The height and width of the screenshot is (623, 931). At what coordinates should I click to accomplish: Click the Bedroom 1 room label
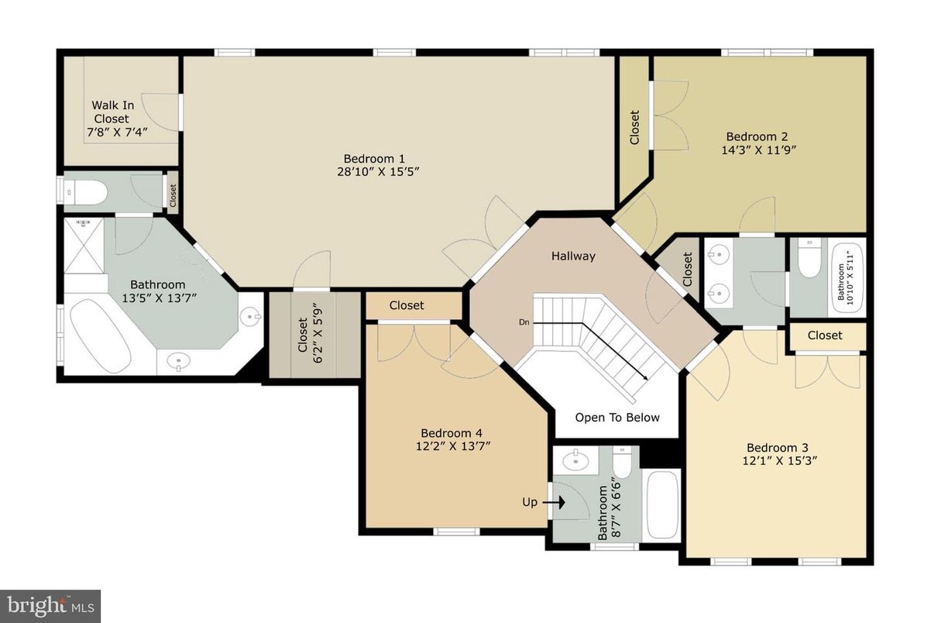pyautogui.click(x=374, y=158)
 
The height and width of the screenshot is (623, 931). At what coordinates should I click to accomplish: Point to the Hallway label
pyautogui.click(x=573, y=256)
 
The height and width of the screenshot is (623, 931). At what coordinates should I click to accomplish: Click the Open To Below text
pyautogui.click(x=617, y=418)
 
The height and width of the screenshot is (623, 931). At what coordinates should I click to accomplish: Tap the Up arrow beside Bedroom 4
pyautogui.click(x=555, y=502)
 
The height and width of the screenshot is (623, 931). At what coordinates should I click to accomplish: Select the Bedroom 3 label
pyautogui.click(x=777, y=448)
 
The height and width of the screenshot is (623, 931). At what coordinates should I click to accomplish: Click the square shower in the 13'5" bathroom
pyautogui.click(x=84, y=245)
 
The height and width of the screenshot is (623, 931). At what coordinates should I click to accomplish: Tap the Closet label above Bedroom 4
pyautogui.click(x=407, y=305)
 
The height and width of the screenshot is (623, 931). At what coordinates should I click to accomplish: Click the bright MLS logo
pyautogui.click(x=50, y=603)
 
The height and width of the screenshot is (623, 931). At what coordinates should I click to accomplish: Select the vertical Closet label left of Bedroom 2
pyautogui.click(x=634, y=128)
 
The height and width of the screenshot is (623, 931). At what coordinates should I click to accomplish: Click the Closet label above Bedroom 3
pyautogui.click(x=825, y=336)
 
